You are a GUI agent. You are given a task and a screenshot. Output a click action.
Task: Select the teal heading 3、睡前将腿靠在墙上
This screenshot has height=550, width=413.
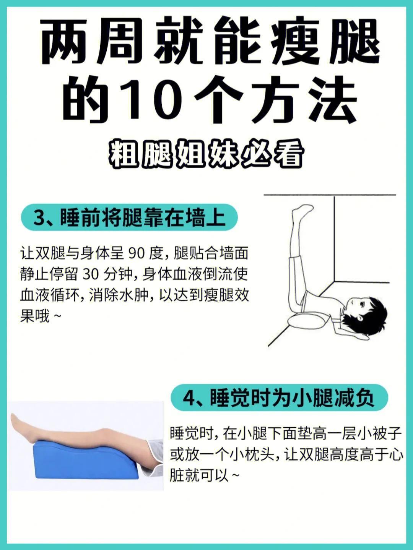129,217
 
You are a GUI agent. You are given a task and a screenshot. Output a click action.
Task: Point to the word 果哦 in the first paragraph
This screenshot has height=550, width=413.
35,316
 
